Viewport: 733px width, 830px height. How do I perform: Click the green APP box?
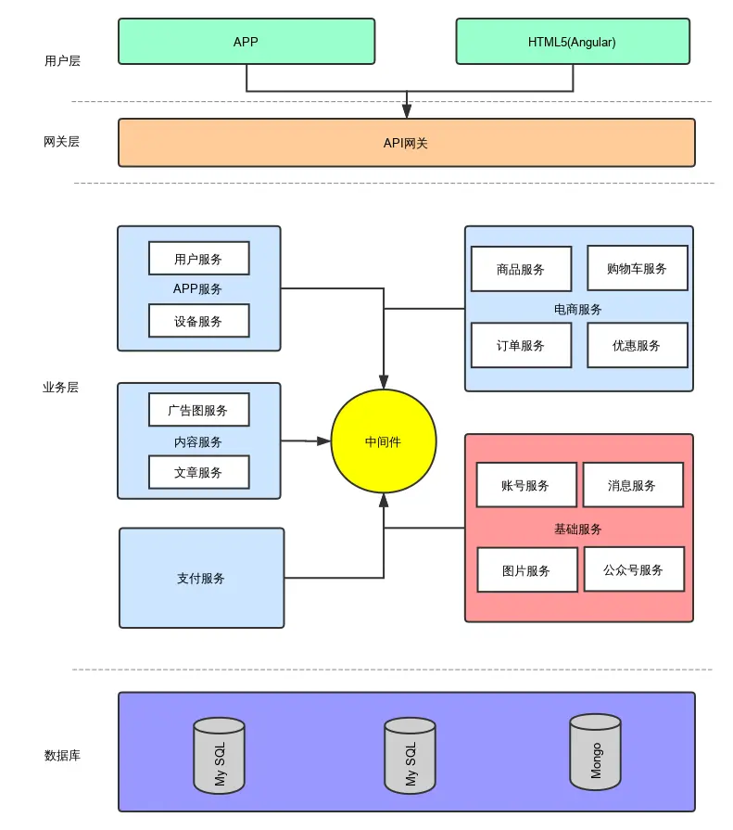tap(246, 42)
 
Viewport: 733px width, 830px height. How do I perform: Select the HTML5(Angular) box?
tap(572, 42)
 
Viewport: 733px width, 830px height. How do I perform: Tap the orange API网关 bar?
tap(406, 143)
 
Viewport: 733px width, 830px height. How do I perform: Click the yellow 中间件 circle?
tap(383, 441)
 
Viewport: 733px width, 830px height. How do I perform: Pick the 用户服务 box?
tap(198, 259)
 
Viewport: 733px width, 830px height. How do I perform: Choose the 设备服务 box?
tap(198, 321)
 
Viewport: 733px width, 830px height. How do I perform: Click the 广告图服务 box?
tap(198, 409)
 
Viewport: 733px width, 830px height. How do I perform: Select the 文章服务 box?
tap(198, 472)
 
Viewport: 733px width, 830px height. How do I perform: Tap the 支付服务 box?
tap(201, 578)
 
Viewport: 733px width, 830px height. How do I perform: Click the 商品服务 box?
tap(521, 269)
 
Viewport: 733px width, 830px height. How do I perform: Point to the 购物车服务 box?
tap(637, 268)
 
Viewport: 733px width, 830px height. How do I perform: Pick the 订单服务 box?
tap(521, 345)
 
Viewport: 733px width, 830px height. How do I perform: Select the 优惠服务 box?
tap(637, 345)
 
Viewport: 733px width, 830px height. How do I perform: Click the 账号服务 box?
tap(525, 485)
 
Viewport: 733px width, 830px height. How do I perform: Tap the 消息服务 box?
tap(632, 485)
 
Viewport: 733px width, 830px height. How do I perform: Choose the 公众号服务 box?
tap(634, 569)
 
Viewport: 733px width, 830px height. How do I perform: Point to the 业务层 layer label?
tap(61, 388)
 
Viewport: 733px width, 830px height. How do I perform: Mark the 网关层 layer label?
tap(61, 142)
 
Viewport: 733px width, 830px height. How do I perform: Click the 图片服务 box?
tap(526, 570)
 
